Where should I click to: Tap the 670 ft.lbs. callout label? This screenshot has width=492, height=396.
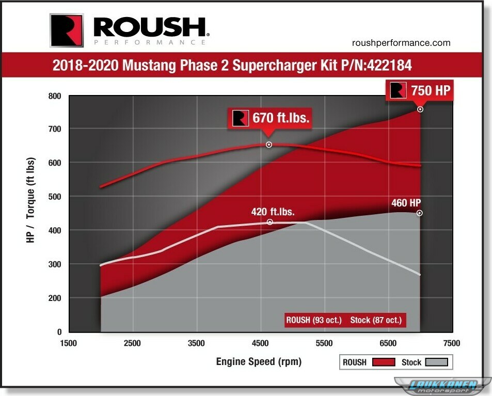point(271,118)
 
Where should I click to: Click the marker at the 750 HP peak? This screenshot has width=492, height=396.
point(420,109)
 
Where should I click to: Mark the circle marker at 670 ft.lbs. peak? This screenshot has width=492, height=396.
point(269,145)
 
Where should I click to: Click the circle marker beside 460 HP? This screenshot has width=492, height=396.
point(420,213)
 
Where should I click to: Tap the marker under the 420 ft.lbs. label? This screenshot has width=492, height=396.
point(270,222)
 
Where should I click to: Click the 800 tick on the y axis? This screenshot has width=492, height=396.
point(55,96)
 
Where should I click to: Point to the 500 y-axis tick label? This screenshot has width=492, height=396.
point(55,197)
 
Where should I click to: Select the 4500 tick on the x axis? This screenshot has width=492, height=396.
point(260,343)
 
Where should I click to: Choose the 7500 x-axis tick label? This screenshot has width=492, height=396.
point(451,343)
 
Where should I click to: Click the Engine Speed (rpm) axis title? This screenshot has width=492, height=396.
point(259,361)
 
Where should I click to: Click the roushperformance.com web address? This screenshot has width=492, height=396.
point(401,43)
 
